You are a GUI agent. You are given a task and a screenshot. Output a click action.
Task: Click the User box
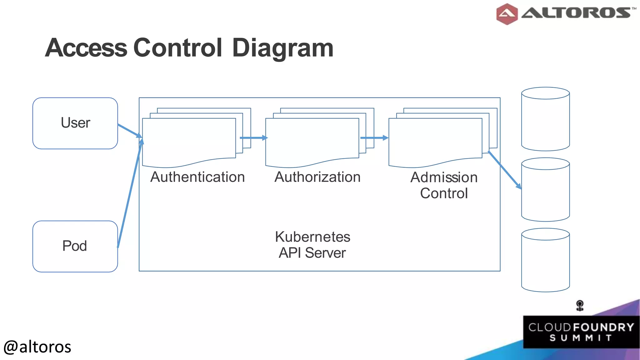pyautogui.click(x=75, y=123)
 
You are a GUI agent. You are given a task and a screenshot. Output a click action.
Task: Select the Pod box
pyautogui.click(x=75, y=246)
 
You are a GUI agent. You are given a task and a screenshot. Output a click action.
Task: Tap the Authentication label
pyautogui.click(x=197, y=177)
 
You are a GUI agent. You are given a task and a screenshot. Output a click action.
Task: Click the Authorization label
pyautogui.click(x=317, y=177)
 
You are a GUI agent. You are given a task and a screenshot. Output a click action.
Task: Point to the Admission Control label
pyautogui.click(x=444, y=185)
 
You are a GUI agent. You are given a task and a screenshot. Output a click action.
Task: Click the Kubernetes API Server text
pyautogui.click(x=312, y=245)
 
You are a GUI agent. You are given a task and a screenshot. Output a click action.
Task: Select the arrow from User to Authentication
pyautogui.click(x=130, y=130)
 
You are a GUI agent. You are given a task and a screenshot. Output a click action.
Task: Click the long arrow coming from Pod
pyautogui.click(x=129, y=194)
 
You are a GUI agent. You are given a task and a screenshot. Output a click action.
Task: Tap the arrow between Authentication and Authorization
pyautogui.click(x=253, y=138)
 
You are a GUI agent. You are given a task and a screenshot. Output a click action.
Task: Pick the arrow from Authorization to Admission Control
pyautogui.click(x=374, y=138)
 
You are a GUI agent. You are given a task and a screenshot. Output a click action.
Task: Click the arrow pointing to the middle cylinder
pyautogui.click(x=504, y=170)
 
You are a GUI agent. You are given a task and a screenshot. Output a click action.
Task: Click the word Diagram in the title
pyautogui.click(x=283, y=48)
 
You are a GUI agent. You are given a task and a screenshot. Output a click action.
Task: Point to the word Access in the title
pyautogui.click(x=86, y=48)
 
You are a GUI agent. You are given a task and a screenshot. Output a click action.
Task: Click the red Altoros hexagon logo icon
pyautogui.click(x=507, y=14)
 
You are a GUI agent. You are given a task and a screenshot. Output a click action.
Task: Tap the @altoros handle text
pyautogui.click(x=37, y=347)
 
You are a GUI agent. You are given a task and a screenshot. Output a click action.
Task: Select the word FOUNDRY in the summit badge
pyautogui.click(x=603, y=327)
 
